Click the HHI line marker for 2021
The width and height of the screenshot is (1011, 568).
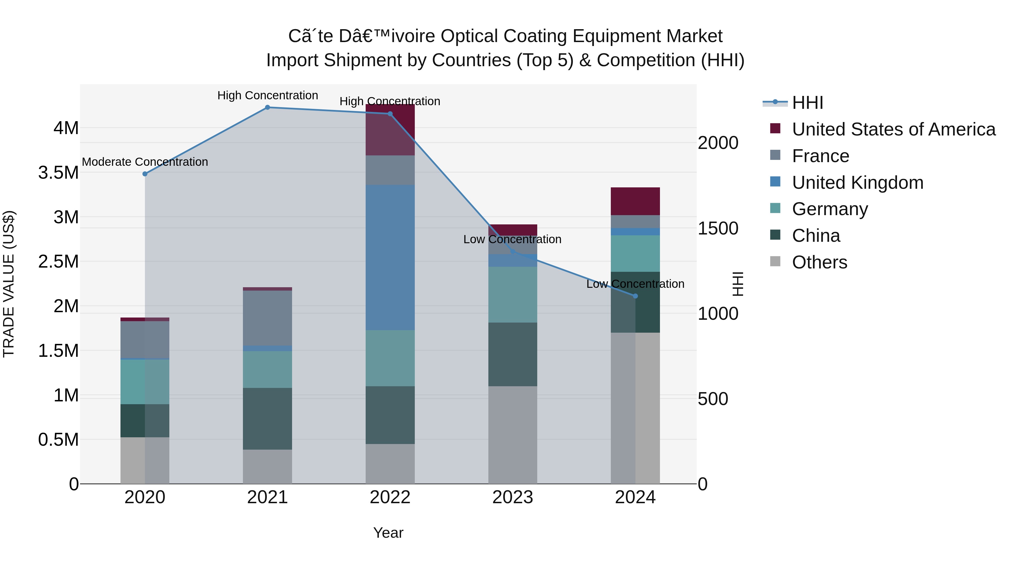[x=267, y=107]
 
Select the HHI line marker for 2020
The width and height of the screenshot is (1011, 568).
[x=145, y=174]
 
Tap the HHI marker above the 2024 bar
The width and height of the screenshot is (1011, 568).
[x=636, y=296]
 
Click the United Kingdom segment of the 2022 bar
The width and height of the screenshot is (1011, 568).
[x=390, y=257]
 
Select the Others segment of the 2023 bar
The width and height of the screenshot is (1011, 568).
[x=513, y=435]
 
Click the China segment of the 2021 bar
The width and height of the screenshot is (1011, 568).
[x=267, y=419]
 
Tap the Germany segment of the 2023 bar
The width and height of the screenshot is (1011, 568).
[x=513, y=295]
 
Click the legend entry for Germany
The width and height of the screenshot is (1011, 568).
[x=830, y=209]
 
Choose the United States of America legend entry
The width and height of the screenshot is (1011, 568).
[x=893, y=129]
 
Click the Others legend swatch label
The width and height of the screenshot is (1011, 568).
[x=819, y=262]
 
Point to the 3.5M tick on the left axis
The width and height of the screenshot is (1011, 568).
[x=58, y=173]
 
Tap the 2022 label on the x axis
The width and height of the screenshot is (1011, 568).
[x=390, y=497]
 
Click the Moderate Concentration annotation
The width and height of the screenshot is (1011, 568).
[x=145, y=162]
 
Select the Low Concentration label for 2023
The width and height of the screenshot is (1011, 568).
[x=512, y=239]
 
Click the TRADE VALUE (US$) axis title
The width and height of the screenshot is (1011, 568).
[x=9, y=284]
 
